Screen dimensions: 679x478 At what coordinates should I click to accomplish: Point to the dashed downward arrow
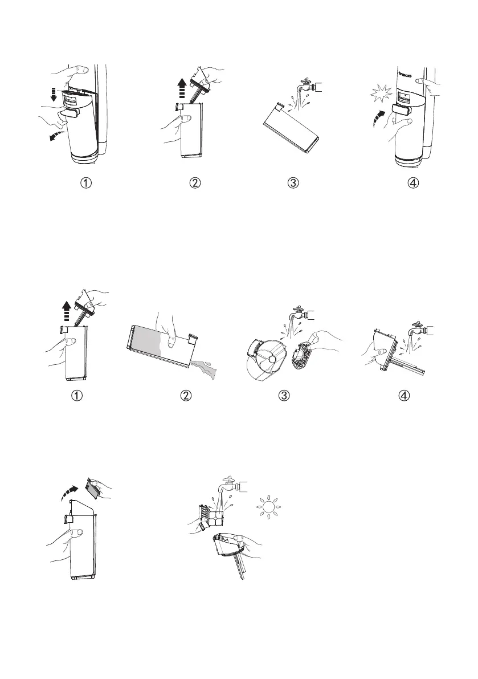click(54, 94)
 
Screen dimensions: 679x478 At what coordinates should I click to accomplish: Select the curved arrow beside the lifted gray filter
click(70, 490)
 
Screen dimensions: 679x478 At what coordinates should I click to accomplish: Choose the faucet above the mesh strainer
click(300, 314)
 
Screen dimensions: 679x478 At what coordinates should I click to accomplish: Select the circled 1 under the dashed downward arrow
click(85, 183)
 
